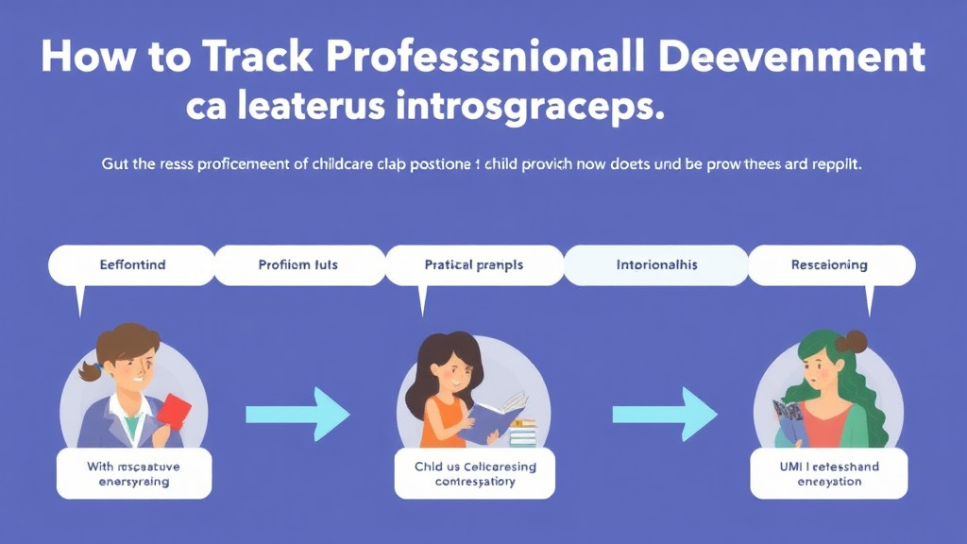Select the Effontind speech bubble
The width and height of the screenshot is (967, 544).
[x=131, y=265]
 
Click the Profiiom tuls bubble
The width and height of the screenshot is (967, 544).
[x=298, y=265]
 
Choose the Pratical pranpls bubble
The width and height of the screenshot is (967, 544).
[x=474, y=265]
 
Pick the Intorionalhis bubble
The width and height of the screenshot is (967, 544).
[x=655, y=265]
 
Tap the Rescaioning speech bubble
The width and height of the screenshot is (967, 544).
[x=829, y=265]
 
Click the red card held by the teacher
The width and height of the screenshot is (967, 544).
[x=173, y=412]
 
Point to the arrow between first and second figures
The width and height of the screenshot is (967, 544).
[x=297, y=414]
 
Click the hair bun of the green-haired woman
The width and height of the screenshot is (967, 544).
[x=856, y=341]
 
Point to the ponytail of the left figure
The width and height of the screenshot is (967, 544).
[x=91, y=370]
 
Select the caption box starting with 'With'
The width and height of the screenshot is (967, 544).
[x=133, y=473]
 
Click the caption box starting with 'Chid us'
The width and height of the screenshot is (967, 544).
[x=475, y=473]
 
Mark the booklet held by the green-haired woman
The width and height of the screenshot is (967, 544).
[x=789, y=419]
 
